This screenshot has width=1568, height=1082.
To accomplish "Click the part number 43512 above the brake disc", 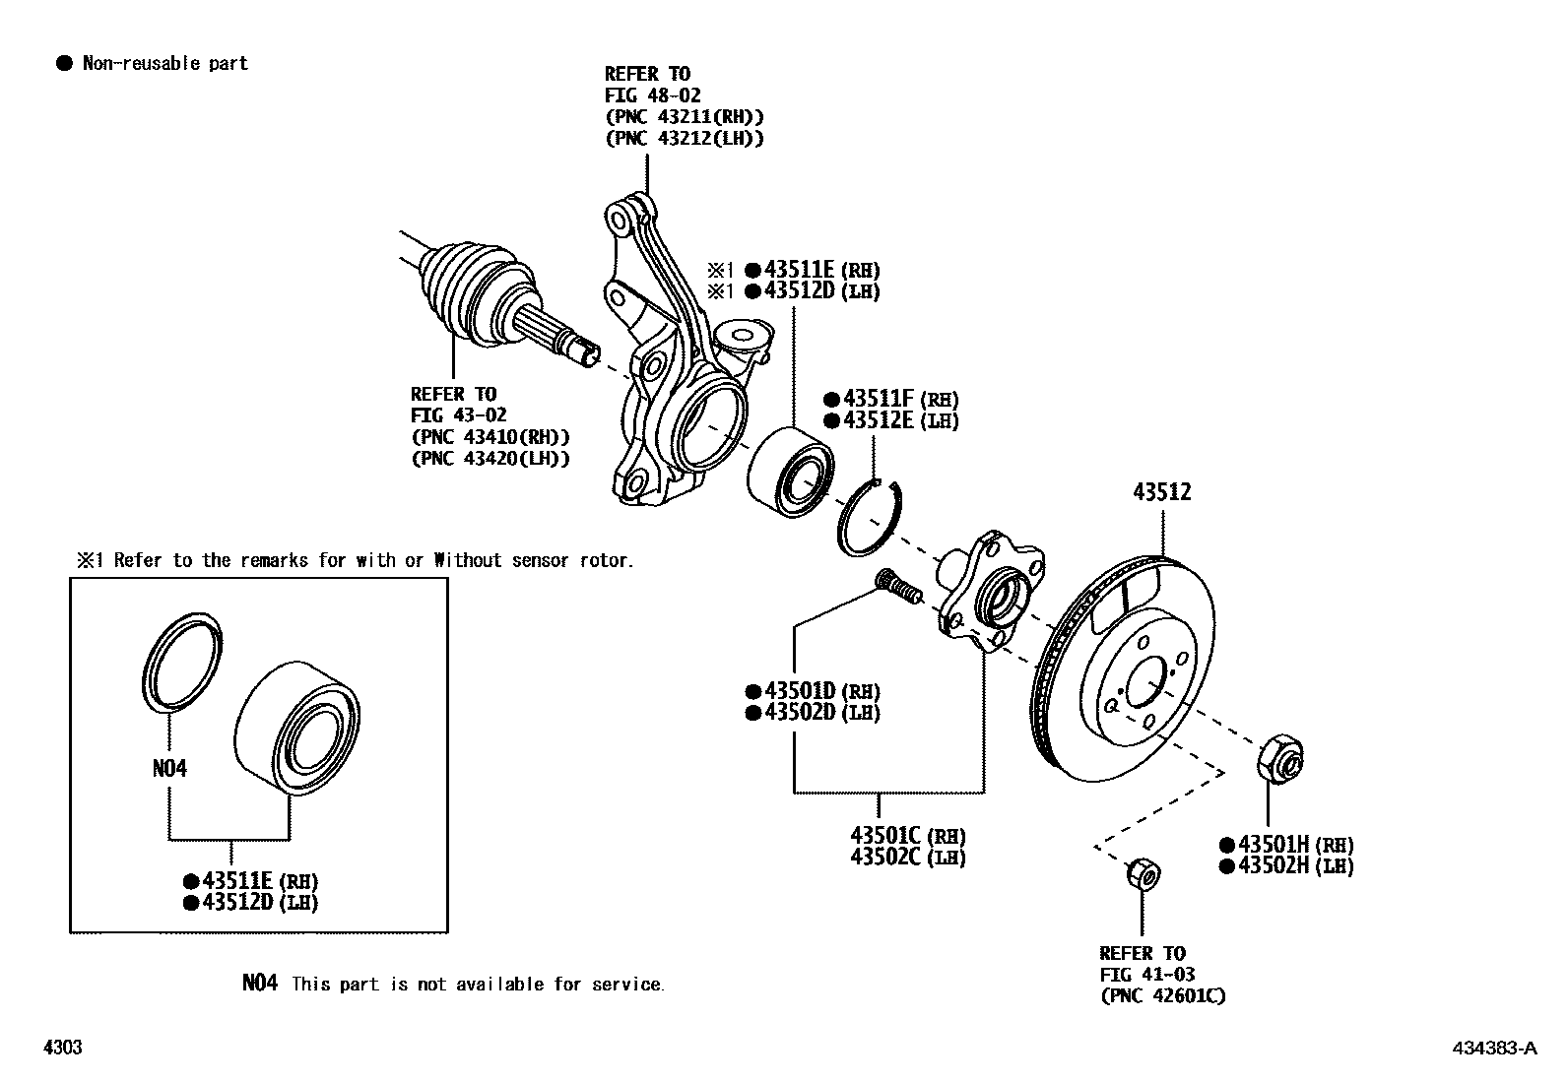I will click(1161, 492).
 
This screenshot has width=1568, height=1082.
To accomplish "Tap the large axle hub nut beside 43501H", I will click(1280, 758).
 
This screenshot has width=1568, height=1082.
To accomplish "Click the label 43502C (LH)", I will click(907, 858).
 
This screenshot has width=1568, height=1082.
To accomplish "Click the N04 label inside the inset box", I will click(169, 768).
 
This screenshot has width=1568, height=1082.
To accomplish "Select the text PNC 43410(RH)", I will click(490, 437).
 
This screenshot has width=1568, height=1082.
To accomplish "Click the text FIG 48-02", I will click(652, 95).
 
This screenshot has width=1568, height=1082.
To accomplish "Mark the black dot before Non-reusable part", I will click(65, 64).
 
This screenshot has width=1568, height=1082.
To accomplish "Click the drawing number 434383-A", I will click(1493, 1048).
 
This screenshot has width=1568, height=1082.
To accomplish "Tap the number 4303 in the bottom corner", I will click(62, 1048).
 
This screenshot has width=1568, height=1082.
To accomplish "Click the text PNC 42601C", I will click(1163, 996).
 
